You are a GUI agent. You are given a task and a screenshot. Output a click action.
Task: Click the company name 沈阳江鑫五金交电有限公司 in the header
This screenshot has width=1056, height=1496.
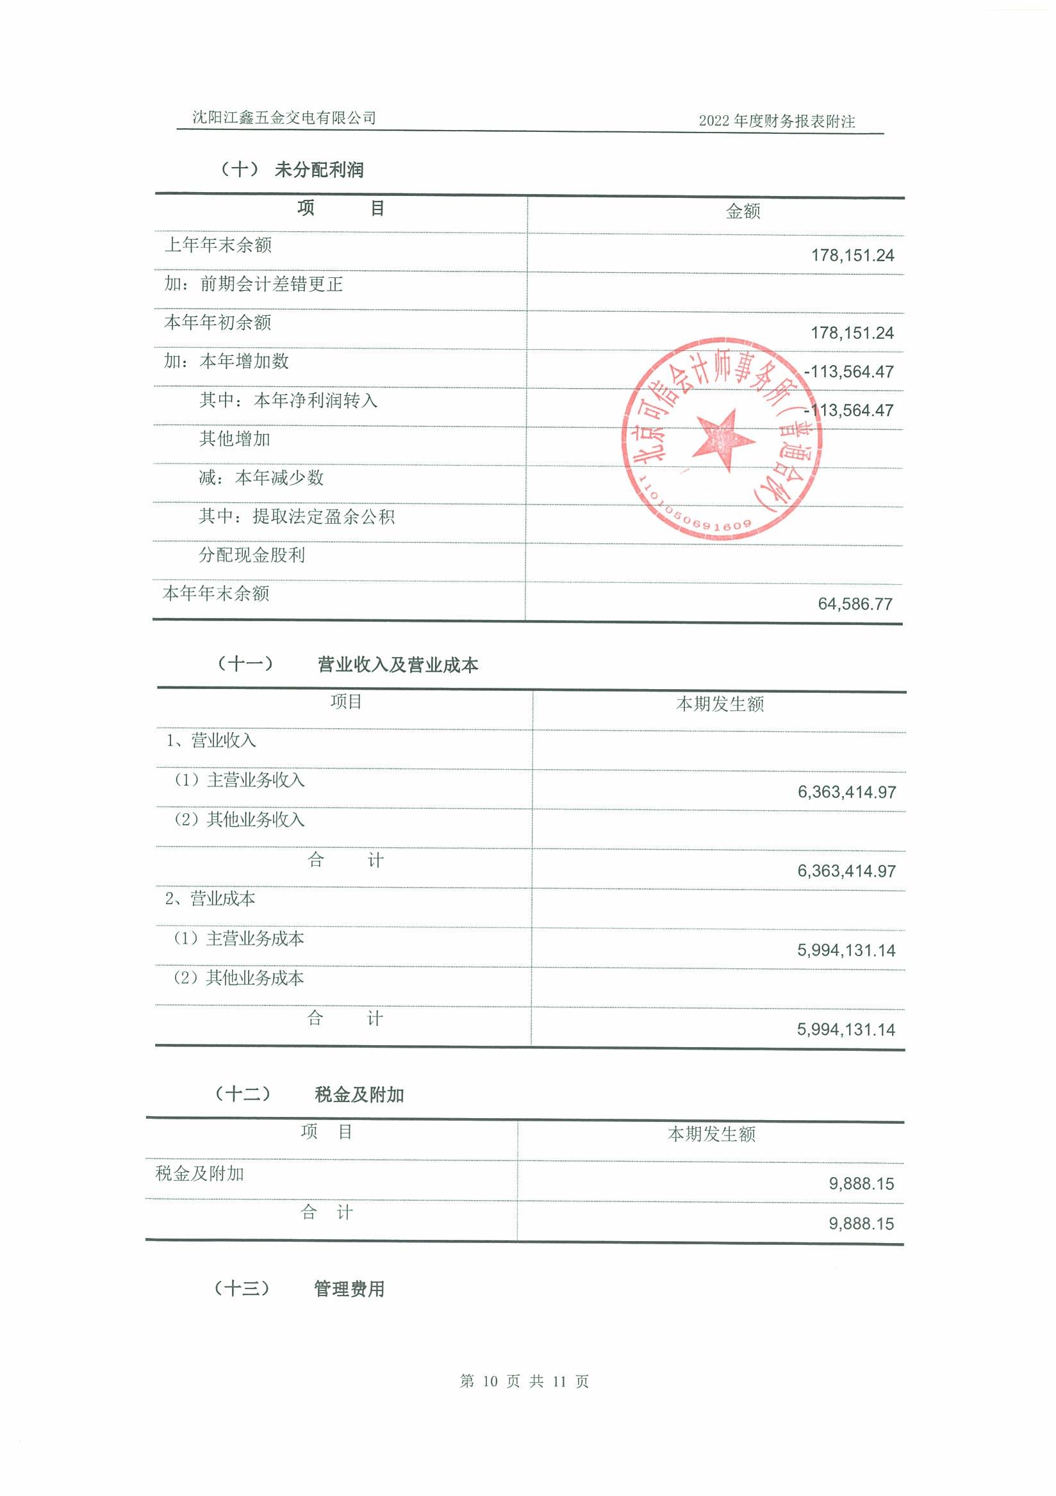click(284, 118)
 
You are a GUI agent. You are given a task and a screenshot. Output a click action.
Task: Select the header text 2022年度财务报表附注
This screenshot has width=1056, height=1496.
click(777, 121)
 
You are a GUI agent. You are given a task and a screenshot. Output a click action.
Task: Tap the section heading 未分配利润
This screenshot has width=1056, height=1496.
click(318, 170)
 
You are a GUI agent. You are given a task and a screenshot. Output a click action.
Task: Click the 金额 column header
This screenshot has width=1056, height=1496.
click(743, 211)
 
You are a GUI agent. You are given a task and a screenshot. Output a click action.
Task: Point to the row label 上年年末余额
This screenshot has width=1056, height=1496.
click(218, 245)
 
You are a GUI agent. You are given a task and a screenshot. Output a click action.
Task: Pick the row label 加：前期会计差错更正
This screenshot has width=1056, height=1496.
click(254, 284)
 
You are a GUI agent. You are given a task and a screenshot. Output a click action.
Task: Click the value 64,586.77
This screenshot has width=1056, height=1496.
click(855, 604)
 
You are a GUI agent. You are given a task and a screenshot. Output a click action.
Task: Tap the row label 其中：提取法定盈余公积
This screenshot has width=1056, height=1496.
click(297, 517)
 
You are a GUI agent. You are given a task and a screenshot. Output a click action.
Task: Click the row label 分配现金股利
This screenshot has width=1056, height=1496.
click(252, 555)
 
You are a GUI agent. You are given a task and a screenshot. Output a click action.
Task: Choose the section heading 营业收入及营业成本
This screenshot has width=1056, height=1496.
click(398, 665)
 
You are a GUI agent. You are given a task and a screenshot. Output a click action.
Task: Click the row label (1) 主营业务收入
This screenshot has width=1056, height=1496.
click(239, 780)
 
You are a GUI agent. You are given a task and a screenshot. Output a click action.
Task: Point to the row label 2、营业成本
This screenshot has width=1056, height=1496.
click(210, 899)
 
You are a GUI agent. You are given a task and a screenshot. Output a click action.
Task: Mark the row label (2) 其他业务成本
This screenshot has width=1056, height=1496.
click(238, 978)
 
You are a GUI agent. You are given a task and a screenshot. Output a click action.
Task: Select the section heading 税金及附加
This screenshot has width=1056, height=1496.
click(359, 1095)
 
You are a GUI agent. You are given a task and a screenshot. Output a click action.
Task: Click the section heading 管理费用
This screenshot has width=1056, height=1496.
click(349, 1289)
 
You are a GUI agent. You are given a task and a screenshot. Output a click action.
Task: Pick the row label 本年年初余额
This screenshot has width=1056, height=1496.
click(218, 323)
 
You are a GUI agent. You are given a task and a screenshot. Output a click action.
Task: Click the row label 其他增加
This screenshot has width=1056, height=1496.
click(235, 439)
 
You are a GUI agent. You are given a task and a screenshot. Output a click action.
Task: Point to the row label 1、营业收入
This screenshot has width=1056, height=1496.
click(211, 741)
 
